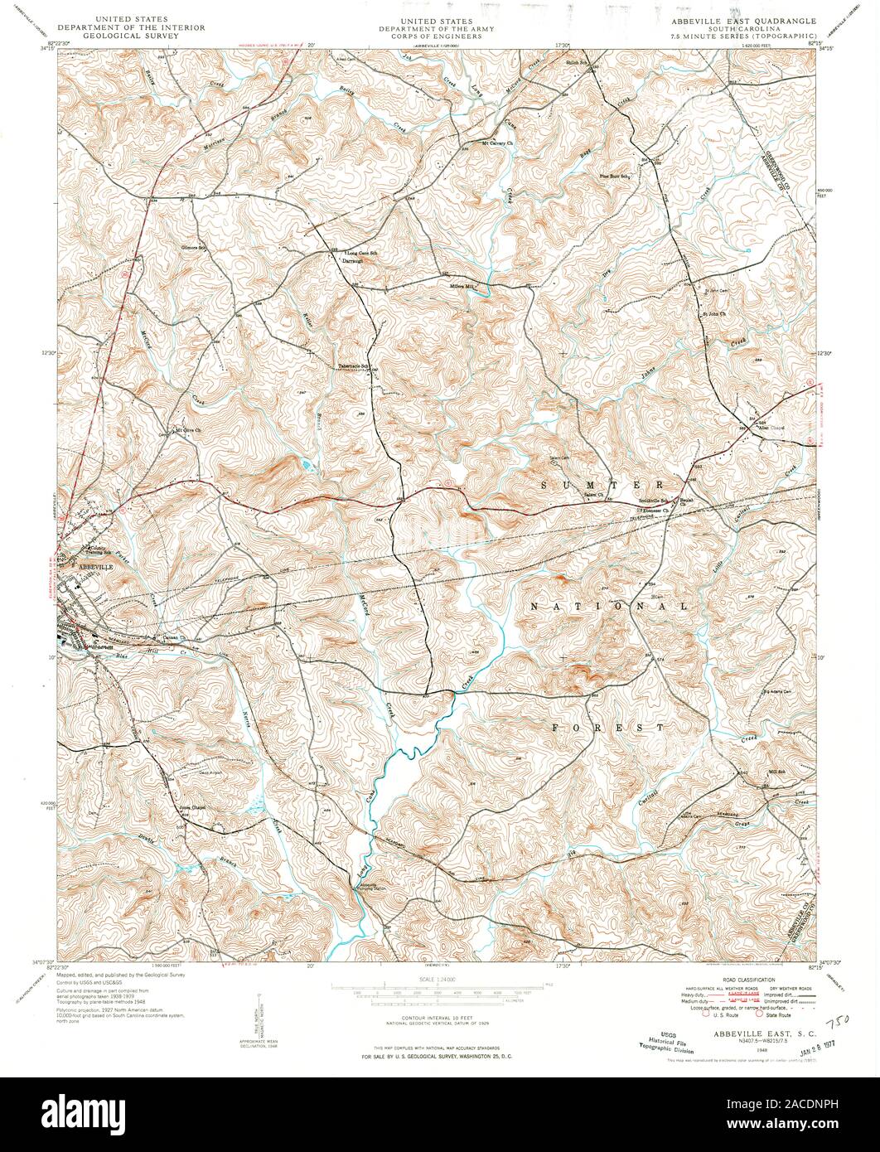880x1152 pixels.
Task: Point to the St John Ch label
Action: click(x=714, y=313)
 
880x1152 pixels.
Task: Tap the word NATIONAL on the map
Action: click(x=608, y=606)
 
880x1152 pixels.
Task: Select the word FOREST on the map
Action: click(x=608, y=727)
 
